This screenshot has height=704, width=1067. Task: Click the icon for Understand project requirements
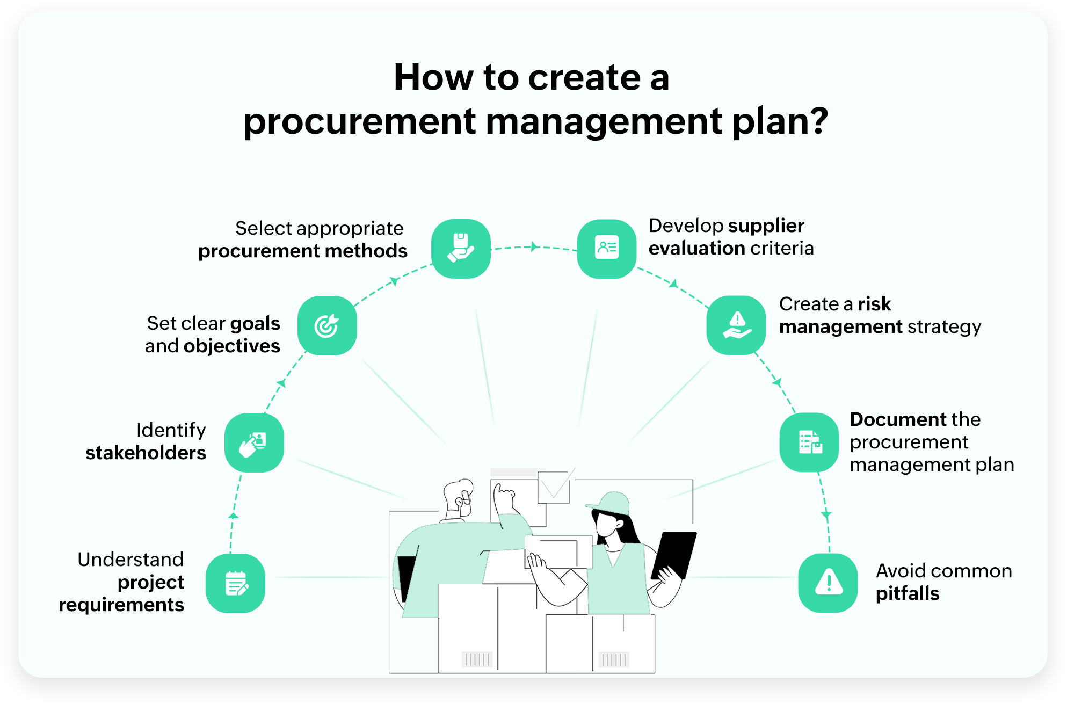click(x=235, y=583)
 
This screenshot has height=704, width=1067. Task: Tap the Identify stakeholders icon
click(x=254, y=442)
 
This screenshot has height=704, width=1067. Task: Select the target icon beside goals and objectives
click(x=327, y=325)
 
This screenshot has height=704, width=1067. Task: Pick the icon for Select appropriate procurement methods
click(x=461, y=249)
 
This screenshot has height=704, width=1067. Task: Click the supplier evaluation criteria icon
click(x=607, y=249)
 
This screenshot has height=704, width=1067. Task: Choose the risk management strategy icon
click(x=736, y=325)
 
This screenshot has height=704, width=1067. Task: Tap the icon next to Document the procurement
click(x=809, y=442)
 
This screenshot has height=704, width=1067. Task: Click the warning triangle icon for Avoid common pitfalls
click(x=828, y=583)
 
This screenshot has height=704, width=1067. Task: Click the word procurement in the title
click(x=359, y=122)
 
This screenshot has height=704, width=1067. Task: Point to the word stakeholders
click(x=146, y=453)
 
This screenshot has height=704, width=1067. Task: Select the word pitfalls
click(x=908, y=594)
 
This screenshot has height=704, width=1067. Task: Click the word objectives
click(x=231, y=346)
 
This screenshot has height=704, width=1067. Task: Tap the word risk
click(x=874, y=304)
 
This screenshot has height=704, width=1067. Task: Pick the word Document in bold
click(x=899, y=419)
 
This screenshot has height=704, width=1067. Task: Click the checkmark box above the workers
click(x=554, y=487)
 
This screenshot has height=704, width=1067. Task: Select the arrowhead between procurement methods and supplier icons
click(x=534, y=246)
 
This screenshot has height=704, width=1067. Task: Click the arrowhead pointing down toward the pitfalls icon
click(x=826, y=515)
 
